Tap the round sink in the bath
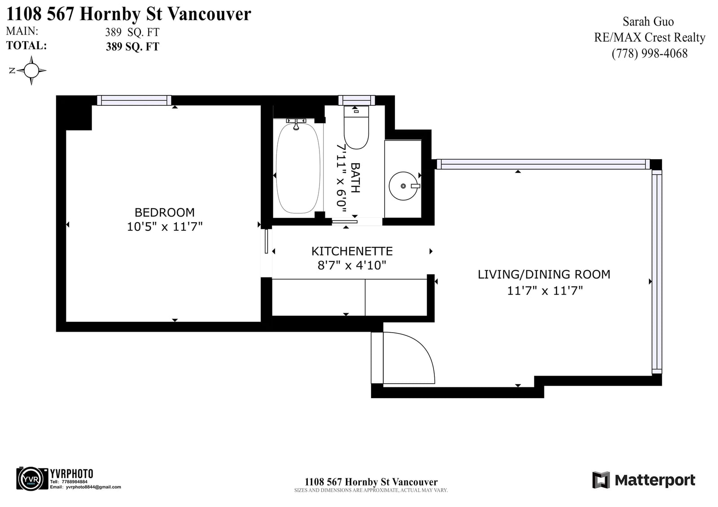(x=403, y=186)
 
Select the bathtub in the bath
(x=298, y=168)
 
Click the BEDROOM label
(x=164, y=212)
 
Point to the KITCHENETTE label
(x=352, y=251)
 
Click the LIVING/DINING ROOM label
(x=544, y=274)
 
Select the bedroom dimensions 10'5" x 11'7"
(x=165, y=227)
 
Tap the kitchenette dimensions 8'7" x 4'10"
(x=352, y=265)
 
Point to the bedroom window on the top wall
(x=134, y=100)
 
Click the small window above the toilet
(x=356, y=100)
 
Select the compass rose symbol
(x=31, y=70)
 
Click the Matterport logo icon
(x=601, y=480)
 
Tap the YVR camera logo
(x=32, y=479)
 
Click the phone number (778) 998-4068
(x=649, y=53)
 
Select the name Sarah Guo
(x=648, y=22)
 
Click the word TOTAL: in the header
(x=26, y=45)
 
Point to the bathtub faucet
(x=296, y=124)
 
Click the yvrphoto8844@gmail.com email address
(x=93, y=487)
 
